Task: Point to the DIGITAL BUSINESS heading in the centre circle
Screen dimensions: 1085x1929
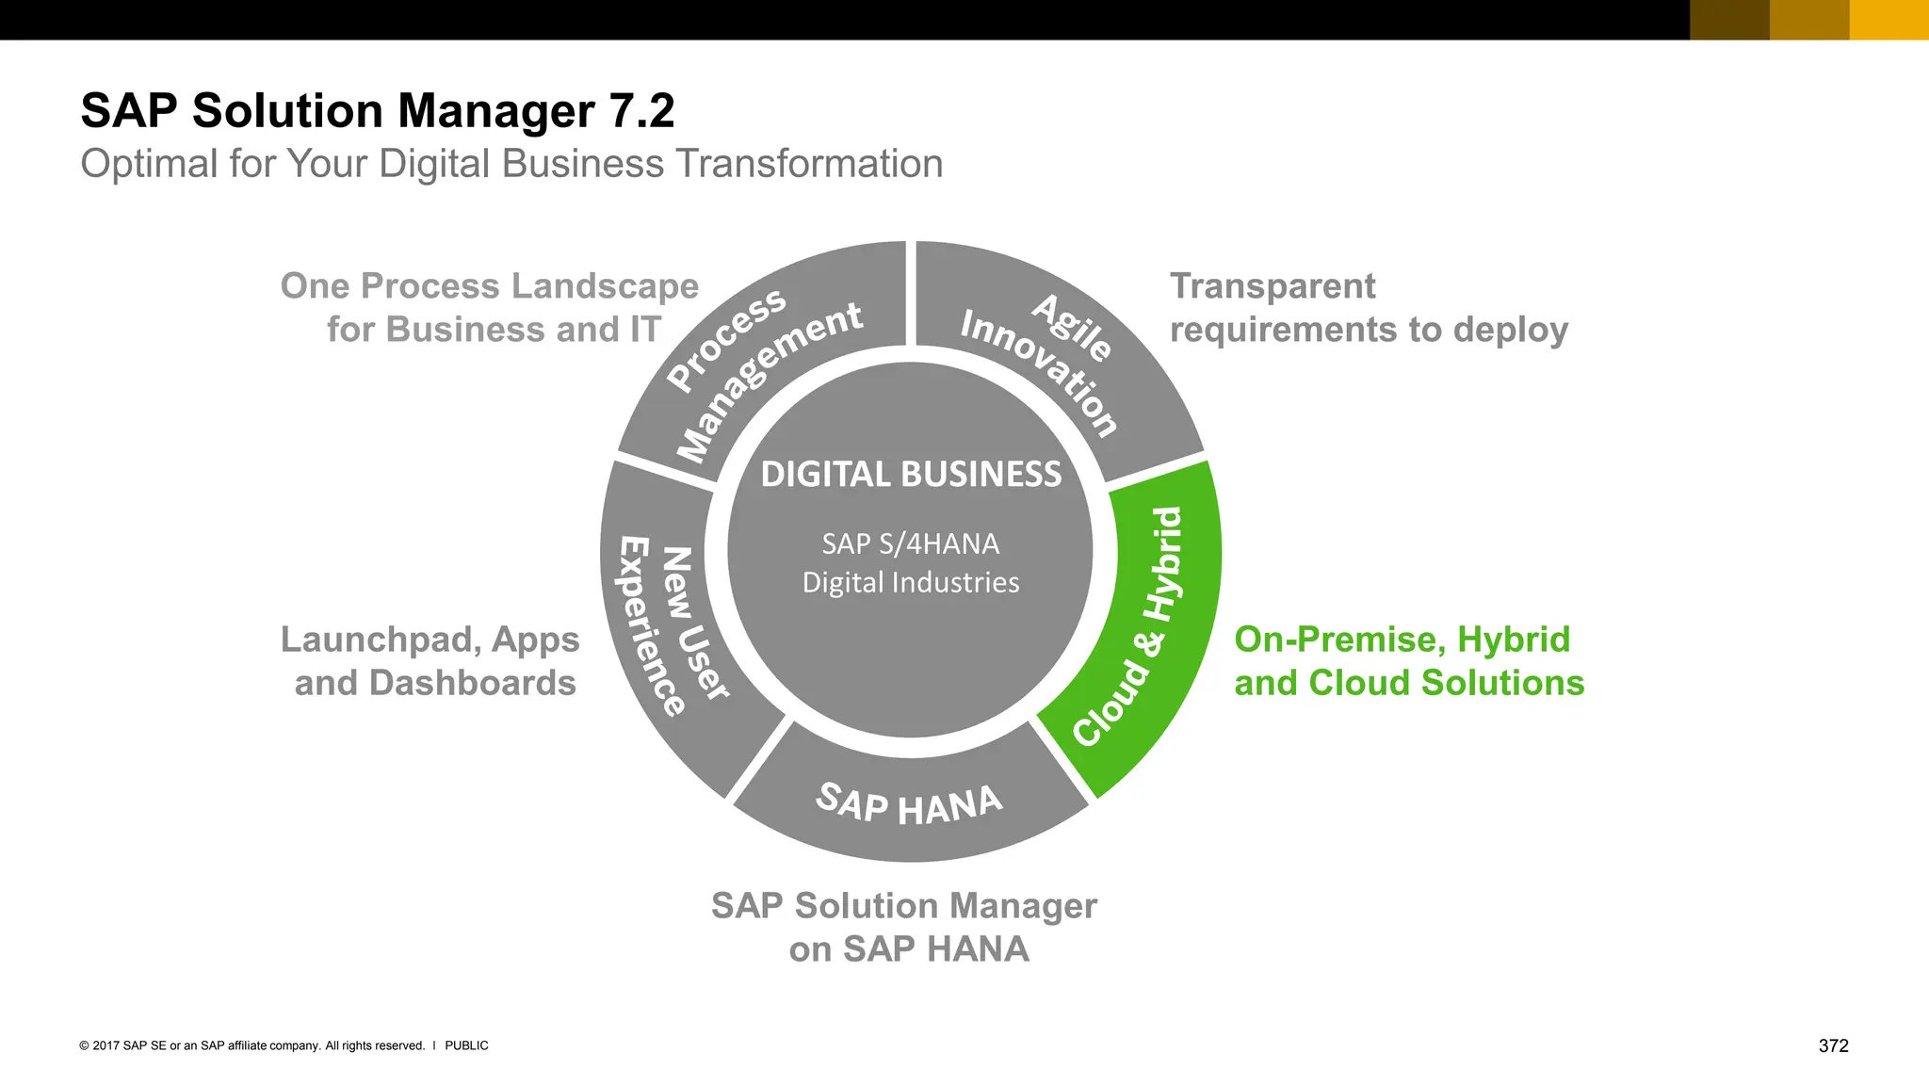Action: [x=911, y=474]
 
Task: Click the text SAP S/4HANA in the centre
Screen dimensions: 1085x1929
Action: [x=910, y=543]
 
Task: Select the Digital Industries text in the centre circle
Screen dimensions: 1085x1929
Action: [x=911, y=582]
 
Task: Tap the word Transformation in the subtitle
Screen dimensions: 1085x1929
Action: [x=809, y=164]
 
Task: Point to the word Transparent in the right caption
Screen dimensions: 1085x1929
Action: [x=1272, y=285]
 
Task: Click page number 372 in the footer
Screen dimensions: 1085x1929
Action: [x=1833, y=1045]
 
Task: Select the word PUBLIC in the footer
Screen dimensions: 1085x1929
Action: [x=466, y=1045]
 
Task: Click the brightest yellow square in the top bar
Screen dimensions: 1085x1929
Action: [x=1888, y=20]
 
